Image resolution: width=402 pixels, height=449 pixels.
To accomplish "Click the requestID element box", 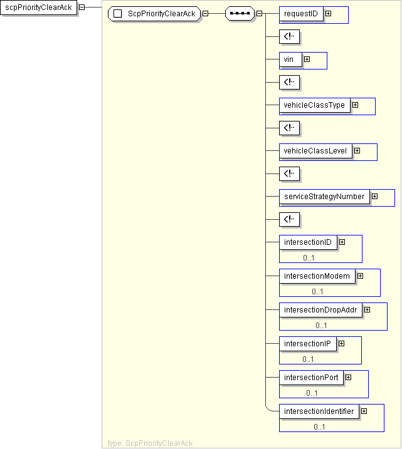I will [x=302, y=14].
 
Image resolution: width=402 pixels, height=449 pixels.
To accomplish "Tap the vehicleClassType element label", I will [x=314, y=105].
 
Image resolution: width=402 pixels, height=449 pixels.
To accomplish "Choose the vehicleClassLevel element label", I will [x=315, y=151].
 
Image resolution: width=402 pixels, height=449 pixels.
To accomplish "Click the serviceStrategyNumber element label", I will [x=324, y=197].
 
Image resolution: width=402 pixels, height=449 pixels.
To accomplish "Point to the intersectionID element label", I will [x=307, y=242].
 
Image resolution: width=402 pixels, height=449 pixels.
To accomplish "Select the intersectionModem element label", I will [x=317, y=276].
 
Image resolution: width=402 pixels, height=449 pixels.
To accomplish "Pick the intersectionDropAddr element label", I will [x=320, y=309].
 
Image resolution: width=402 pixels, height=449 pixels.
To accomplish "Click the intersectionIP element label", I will [x=307, y=343].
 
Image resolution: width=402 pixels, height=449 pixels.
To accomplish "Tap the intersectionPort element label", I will [x=311, y=377].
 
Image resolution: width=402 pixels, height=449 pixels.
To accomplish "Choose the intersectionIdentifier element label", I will [x=319, y=411].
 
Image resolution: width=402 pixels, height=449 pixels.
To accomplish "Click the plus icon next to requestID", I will [x=328, y=14].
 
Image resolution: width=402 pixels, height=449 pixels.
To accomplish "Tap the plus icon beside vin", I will [x=307, y=59].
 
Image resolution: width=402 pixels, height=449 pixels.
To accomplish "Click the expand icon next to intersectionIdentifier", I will [x=364, y=411].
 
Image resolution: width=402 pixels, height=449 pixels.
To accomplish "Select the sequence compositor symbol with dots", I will [x=239, y=14].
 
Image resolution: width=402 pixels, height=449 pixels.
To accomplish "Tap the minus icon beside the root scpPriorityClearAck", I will [x=82, y=8].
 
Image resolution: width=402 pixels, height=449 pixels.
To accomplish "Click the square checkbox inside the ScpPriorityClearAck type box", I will [x=117, y=14].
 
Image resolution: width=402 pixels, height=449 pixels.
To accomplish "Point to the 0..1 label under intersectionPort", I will [x=312, y=393].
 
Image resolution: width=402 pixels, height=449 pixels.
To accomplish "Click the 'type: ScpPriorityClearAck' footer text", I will [x=150, y=443].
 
